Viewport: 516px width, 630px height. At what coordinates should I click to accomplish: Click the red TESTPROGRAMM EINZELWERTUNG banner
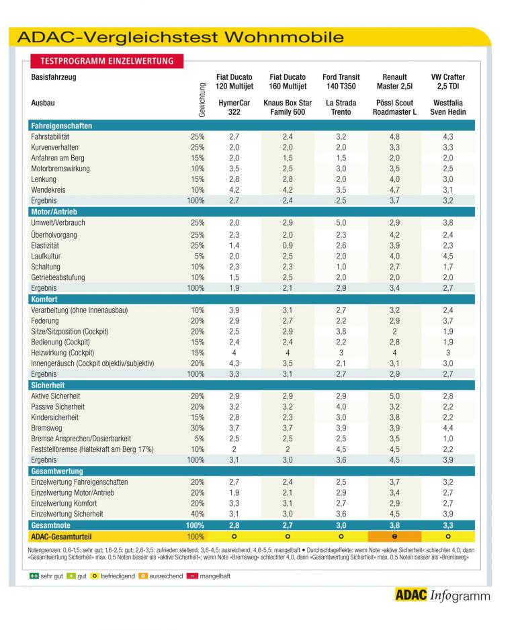point(107,61)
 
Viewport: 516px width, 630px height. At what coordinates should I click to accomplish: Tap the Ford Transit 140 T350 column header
point(341,81)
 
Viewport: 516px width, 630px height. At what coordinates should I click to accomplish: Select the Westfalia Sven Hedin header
point(447,107)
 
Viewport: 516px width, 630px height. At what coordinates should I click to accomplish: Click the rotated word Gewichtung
point(202,100)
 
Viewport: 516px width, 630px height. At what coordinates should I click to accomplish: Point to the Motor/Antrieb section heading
point(54,212)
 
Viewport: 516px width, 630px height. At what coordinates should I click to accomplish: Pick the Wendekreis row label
point(48,190)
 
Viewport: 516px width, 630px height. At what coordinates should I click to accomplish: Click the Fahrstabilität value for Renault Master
point(394,136)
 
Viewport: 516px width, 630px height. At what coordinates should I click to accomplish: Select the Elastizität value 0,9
point(288,246)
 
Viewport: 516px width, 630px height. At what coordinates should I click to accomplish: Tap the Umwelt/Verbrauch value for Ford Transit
point(341,222)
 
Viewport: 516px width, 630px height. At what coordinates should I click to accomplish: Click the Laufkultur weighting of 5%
point(200,257)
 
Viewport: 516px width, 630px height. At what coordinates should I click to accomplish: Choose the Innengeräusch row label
point(93,363)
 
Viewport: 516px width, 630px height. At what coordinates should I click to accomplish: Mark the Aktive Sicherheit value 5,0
point(394,396)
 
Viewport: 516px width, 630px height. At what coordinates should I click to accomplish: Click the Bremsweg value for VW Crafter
point(447,429)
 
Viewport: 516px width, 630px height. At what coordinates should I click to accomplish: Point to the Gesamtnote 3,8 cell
point(394,525)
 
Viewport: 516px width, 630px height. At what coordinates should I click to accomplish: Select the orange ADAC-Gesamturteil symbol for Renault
point(394,537)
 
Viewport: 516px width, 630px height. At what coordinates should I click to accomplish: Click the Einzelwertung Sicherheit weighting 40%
point(198,514)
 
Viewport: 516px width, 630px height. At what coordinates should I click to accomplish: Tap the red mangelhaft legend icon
point(192,576)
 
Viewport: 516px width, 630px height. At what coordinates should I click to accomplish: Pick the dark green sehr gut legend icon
point(34,576)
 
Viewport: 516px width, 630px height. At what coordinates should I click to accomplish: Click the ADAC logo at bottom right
point(411,594)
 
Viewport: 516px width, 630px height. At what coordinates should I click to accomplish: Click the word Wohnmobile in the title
point(284,38)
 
